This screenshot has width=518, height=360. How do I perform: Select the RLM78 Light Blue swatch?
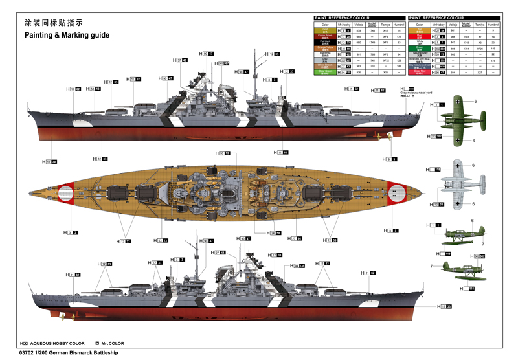[x=420, y=60]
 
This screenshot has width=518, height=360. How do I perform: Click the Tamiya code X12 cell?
[x=386, y=30]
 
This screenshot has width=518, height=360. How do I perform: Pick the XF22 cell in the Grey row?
[x=386, y=60]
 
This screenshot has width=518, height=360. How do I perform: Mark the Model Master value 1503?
[x=466, y=37]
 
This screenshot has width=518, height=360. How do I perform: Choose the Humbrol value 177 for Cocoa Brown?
[x=400, y=37]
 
